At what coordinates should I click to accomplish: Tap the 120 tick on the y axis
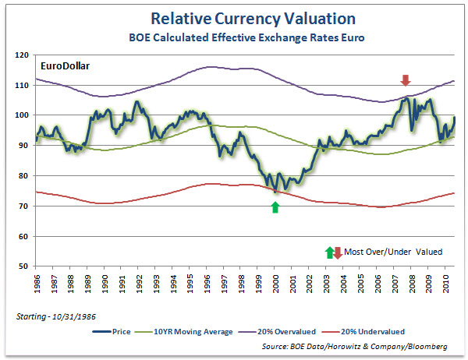click(x=22, y=55)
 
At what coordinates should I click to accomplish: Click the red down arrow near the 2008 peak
click(x=405, y=79)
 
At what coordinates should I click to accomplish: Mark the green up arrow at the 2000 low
click(x=275, y=206)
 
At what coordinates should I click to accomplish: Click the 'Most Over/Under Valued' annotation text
click(x=393, y=251)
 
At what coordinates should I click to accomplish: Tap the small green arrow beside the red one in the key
click(x=330, y=251)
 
